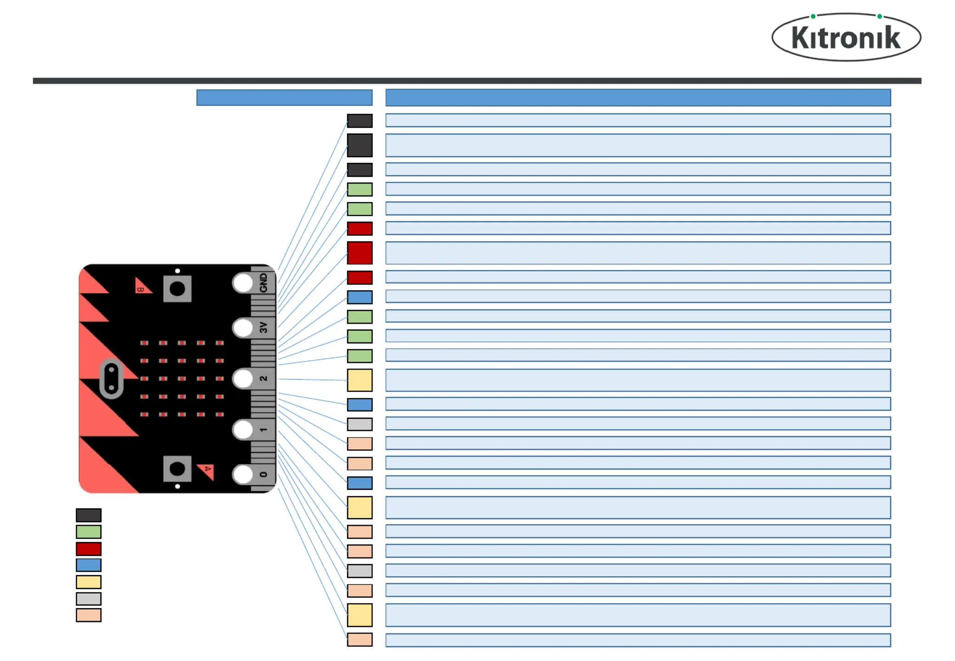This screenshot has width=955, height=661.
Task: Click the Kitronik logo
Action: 846,37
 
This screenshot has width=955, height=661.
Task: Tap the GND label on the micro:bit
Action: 263,282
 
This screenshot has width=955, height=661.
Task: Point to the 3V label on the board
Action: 263,327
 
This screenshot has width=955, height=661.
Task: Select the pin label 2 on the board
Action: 263,378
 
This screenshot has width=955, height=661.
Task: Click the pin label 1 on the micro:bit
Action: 263,430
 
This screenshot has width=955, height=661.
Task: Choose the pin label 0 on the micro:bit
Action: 263,474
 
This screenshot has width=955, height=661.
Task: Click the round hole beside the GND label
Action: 243,283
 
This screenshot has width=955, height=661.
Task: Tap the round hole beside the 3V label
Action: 243,328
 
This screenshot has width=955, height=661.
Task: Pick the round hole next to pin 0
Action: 243,475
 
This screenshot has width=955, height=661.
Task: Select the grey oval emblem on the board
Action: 112,379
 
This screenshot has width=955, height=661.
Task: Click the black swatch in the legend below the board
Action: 89,515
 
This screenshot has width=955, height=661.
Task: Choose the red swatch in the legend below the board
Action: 89,549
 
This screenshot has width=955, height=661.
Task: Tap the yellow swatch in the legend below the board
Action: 89,582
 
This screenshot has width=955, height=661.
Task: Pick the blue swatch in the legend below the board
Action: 89,565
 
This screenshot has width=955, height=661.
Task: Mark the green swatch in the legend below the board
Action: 89,532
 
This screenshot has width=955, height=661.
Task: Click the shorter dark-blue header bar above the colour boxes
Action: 284,98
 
